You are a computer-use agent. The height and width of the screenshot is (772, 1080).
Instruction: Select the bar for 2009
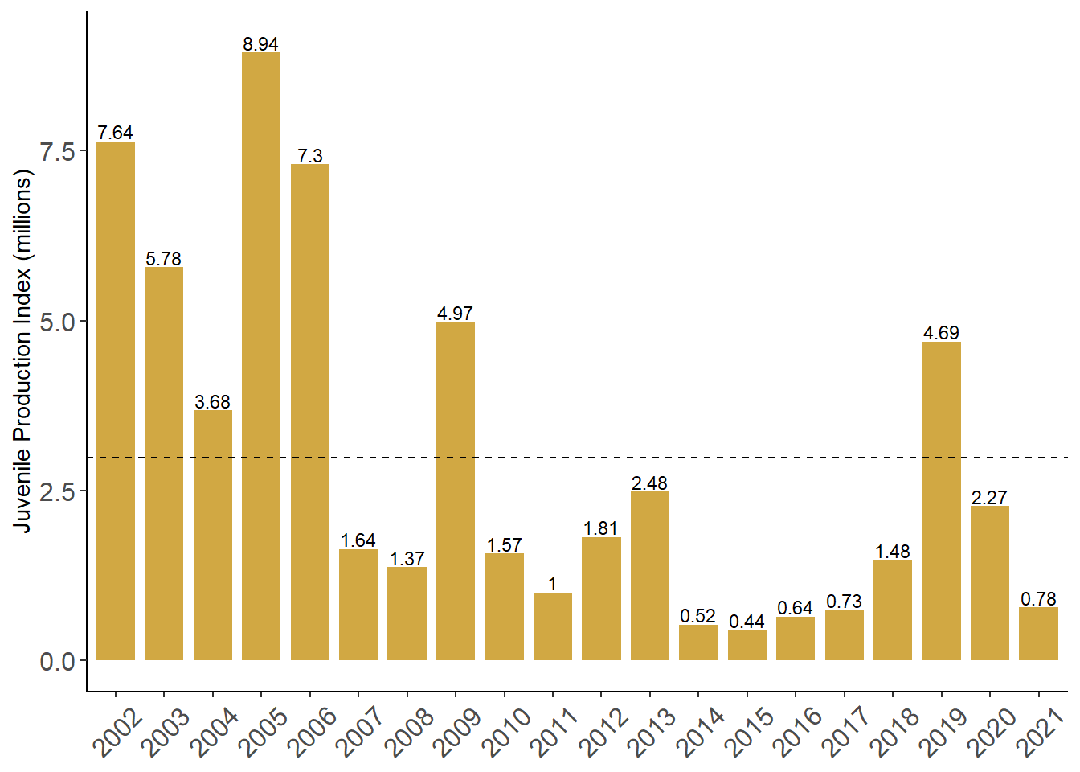pyautogui.click(x=456, y=491)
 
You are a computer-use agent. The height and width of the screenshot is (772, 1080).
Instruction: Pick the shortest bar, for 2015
pyautogui.click(x=747, y=645)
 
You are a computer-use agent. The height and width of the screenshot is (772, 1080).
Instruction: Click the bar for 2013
pyautogui.click(x=649, y=575)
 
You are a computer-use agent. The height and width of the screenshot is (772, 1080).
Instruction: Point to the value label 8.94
pyautogui.click(x=261, y=44)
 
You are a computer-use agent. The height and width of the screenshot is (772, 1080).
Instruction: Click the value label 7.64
pyautogui.click(x=115, y=133)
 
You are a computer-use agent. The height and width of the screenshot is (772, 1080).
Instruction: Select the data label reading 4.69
pyautogui.click(x=941, y=333)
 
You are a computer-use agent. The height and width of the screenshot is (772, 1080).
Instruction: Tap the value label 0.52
pyautogui.click(x=697, y=616)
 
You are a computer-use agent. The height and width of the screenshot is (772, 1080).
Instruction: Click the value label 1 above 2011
pyautogui.click(x=553, y=584)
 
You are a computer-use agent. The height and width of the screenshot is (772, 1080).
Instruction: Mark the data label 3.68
pyautogui.click(x=212, y=402)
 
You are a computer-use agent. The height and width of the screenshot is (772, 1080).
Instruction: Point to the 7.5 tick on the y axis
pyautogui.click(x=58, y=151)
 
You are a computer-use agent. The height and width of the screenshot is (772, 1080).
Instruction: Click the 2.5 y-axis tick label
pyautogui.click(x=58, y=491)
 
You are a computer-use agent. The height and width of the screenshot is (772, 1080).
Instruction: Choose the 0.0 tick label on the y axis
pyautogui.click(x=58, y=661)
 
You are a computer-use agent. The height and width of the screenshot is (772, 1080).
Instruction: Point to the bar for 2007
pyautogui.click(x=358, y=605)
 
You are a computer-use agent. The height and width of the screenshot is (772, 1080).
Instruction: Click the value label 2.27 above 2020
pyautogui.click(x=989, y=498)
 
